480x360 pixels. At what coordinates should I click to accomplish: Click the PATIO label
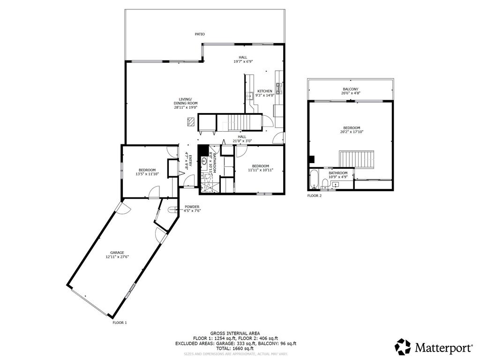point(200,34)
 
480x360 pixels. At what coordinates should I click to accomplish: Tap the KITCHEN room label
point(264,91)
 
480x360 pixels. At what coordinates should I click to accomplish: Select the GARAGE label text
point(117,253)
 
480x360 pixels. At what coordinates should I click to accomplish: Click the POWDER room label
point(192,207)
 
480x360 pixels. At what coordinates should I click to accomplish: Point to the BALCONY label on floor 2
point(351,89)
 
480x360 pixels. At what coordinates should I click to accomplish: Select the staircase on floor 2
point(357,159)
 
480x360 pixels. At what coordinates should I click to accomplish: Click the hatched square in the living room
point(190,122)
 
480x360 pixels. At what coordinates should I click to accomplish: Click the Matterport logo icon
point(403,347)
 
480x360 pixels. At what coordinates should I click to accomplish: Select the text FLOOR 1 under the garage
point(120,322)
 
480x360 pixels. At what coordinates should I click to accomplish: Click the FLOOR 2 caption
point(315,195)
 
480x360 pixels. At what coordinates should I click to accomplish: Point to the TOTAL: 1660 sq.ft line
point(235,348)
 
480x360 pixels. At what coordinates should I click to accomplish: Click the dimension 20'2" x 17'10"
point(352,132)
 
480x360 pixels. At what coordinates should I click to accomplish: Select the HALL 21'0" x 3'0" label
point(241,139)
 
